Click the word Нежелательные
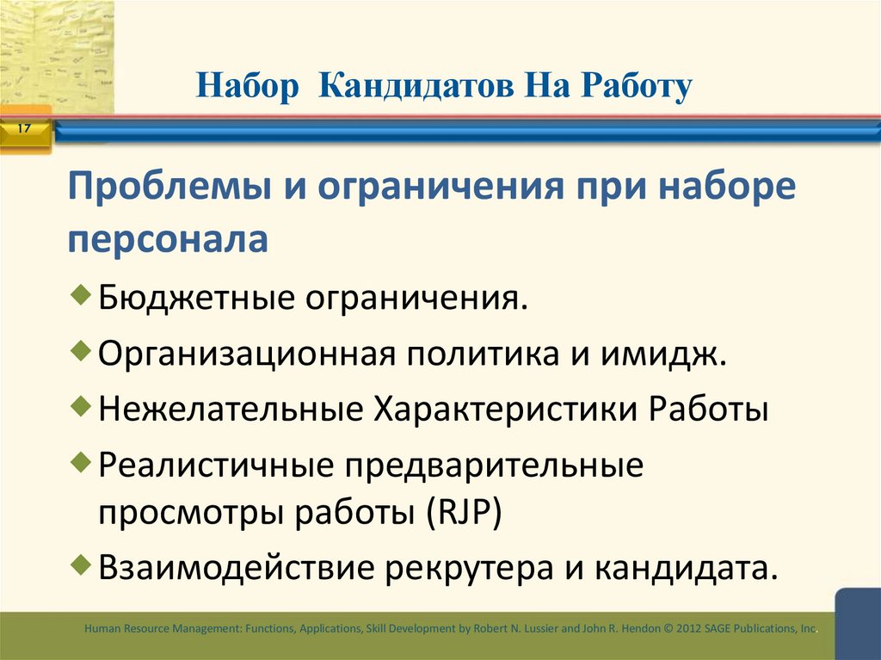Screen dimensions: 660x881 click(x=230, y=409)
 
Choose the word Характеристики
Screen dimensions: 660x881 click(x=504, y=409)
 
